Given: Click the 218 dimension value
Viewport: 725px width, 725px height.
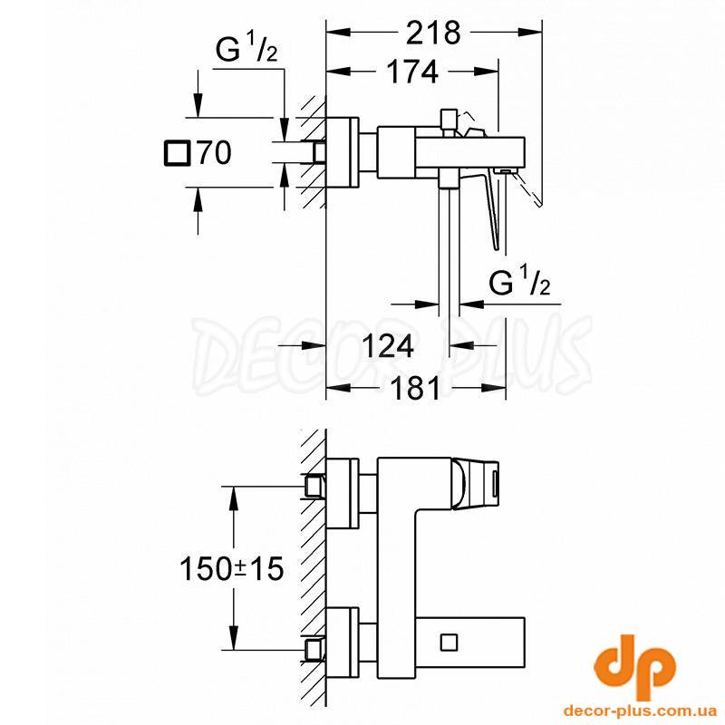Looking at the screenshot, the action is (433, 33).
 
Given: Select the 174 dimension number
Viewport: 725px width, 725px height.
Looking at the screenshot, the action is (412, 72).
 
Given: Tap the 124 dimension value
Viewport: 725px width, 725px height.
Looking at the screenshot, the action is (388, 346).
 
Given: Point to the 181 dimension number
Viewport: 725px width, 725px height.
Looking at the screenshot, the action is (415, 388).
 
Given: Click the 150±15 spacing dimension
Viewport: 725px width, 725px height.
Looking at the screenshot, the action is (231, 568).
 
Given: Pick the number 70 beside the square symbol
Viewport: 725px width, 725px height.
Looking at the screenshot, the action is (214, 152).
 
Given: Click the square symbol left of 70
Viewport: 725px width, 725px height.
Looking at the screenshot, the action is (177, 152).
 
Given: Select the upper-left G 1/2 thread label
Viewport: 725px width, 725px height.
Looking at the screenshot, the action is (246, 49).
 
